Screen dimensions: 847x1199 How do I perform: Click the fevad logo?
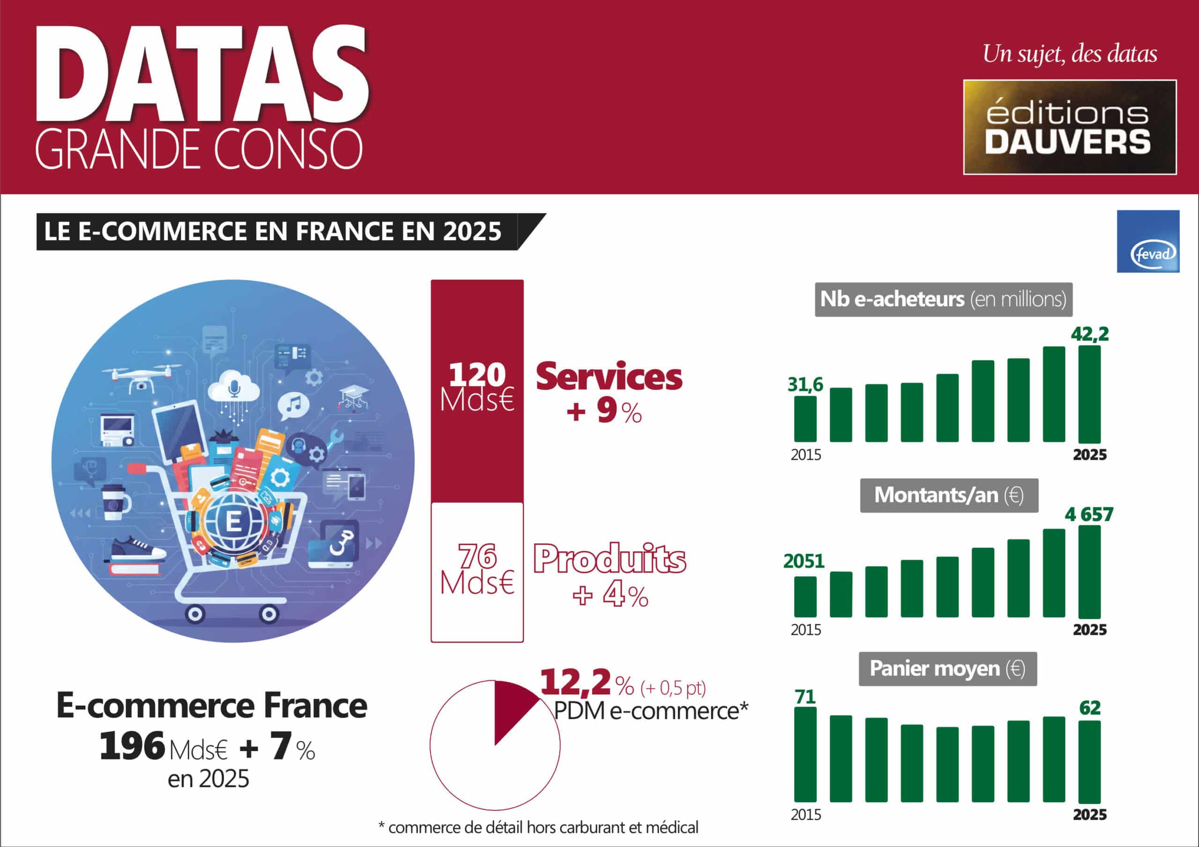click(x=1148, y=241)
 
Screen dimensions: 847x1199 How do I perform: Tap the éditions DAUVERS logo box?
click(x=1069, y=127)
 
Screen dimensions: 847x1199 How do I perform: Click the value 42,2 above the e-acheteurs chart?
click(x=1090, y=334)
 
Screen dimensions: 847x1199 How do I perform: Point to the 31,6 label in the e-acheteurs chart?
click(x=805, y=385)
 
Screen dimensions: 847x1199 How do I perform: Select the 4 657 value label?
click(x=1089, y=515)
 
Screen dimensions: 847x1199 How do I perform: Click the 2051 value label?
click(x=804, y=561)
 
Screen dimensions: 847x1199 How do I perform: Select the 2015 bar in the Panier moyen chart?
click(x=805, y=755)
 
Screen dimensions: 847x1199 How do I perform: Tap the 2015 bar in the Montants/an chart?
click(x=805, y=597)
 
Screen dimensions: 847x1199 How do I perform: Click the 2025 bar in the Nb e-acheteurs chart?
click(x=1089, y=394)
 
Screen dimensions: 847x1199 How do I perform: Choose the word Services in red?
click(x=609, y=376)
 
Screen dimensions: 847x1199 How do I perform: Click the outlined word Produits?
click(x=609, y=559)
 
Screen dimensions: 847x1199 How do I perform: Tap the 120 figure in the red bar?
click(x=477, y=375)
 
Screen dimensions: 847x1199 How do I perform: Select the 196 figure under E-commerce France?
click(x=132, y=746)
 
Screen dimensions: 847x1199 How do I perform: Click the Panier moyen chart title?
click(x=947, y=669)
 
